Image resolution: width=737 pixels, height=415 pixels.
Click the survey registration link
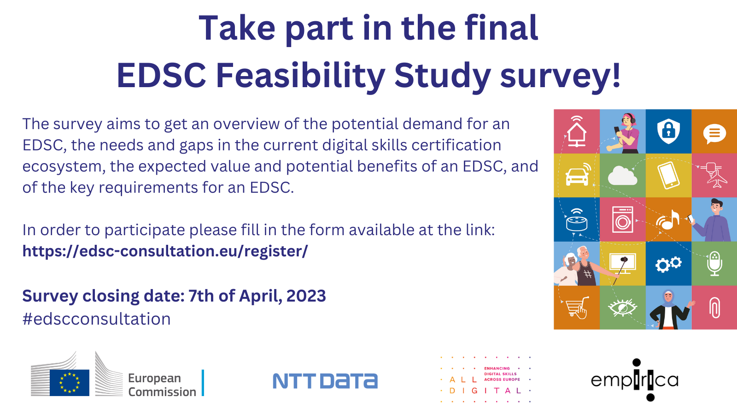pyautogui.click(x=165, y=251)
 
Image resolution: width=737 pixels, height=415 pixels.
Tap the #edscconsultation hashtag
pyautogui.click(x=96, y=319)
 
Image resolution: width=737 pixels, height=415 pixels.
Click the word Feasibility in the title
pyautogui.click(x=300, y=75)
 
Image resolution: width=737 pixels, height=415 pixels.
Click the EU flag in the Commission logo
pyautogui.click(x=70, y=382)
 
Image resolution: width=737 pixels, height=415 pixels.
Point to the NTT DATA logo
pyautogui.click(x=325, y=381)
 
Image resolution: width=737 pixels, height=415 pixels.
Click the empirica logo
pyautogui.click(x=635, y=380)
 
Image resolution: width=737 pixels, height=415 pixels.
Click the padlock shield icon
pyautogui.click(x=668, y=131)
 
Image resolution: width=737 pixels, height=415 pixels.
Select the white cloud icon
pyautogui.click(x=622, y=176)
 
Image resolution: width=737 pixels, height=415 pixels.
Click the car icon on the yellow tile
pyautogui.click(x=577, y=176)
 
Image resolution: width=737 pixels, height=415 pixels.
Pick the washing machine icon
pyautogui.click(x=622, y=219)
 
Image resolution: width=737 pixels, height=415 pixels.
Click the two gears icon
pyautogui.click(x=668, y=264)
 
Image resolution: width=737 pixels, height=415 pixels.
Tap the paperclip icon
pyautogui.click(x=714, y=308)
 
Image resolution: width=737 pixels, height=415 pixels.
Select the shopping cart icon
pyautogui.click(x=576, y=308)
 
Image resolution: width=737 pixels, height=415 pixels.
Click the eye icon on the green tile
pyautogui.click(x=622, y=308)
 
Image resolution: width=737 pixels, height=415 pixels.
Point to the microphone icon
pyautogui.click(x=714, y=263)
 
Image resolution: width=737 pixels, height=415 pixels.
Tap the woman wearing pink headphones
pyautogui.click(x=625, y=132)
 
